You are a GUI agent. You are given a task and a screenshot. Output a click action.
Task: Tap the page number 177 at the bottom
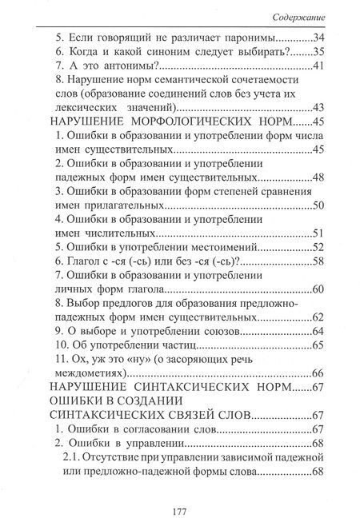tap(179, 512)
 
